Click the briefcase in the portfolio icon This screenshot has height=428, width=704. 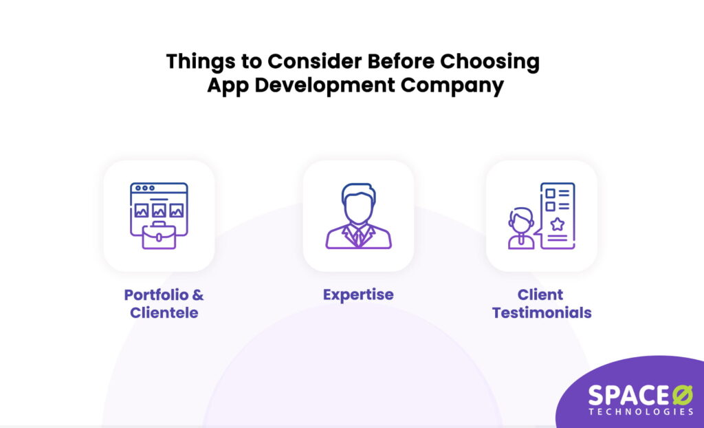[159, 235]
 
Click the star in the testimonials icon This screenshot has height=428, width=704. [557, 224]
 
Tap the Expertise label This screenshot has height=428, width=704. [358, 295]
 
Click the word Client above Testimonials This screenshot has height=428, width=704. [541, 295]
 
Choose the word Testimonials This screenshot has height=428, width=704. [542, 313]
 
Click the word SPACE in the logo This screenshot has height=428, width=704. [621, 395]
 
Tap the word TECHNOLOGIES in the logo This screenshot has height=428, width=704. [641, 411]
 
